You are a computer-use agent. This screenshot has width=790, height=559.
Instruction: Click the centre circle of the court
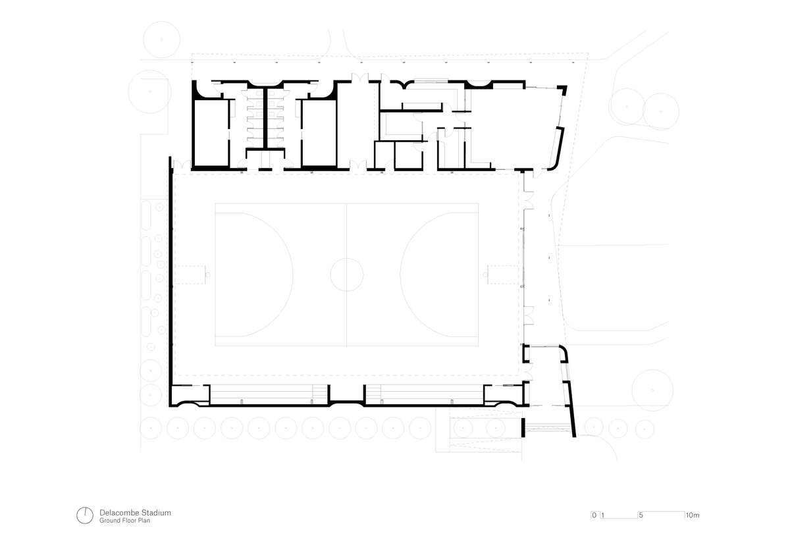[x=347, y=258]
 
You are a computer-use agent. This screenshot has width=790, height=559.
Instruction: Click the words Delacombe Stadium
[x=135, y=512]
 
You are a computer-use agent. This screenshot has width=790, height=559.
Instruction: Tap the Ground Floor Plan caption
[x=124, y=521]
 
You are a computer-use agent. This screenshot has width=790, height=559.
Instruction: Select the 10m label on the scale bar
[x=693, y=516]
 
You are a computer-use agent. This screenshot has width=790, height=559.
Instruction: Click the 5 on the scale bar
[x=641, y=516]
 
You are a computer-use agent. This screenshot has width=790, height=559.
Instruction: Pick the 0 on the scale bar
[x=594, y=515]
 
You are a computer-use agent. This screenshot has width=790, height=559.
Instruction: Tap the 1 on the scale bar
[x=603, y=516]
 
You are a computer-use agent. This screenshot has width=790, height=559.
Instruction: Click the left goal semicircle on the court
[x=292, y=275]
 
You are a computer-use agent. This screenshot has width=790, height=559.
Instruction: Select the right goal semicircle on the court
[x=400, y=275]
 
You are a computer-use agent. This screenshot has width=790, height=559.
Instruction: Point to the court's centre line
[x=347, y=275]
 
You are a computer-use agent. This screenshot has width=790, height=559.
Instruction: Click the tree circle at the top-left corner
[x=161, y=22]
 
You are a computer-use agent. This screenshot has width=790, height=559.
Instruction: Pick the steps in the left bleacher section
[x=320, y=393]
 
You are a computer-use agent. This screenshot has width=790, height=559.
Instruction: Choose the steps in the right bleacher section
[x=373, y=393]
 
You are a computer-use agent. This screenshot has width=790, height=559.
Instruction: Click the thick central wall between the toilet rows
[x=265, y=119]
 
